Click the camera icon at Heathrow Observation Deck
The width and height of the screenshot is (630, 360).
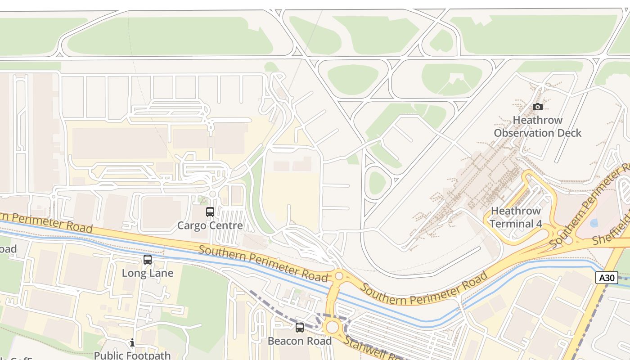click(537, 107)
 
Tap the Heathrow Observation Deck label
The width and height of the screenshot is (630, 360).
click(537, 126)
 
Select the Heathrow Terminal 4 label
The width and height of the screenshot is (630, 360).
click(515, 217)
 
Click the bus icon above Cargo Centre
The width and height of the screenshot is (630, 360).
click(210, 212)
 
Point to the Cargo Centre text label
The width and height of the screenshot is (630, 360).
click(210, 225)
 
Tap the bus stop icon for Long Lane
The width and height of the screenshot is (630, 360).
click(148, 260)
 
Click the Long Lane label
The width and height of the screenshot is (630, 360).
click(148, 273)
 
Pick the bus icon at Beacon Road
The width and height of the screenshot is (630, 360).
click(300, 328)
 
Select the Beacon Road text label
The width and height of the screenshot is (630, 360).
click(300, 341)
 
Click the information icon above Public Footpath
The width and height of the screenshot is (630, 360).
click(132, 343)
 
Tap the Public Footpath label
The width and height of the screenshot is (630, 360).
click(132, 355)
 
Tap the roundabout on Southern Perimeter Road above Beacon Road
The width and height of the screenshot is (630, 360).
click(339, 276)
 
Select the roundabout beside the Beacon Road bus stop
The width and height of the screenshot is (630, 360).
click(333, 327)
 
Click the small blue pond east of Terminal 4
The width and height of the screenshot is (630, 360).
click(594, 223)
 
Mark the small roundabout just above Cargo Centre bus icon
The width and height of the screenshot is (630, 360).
click(213, 194)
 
